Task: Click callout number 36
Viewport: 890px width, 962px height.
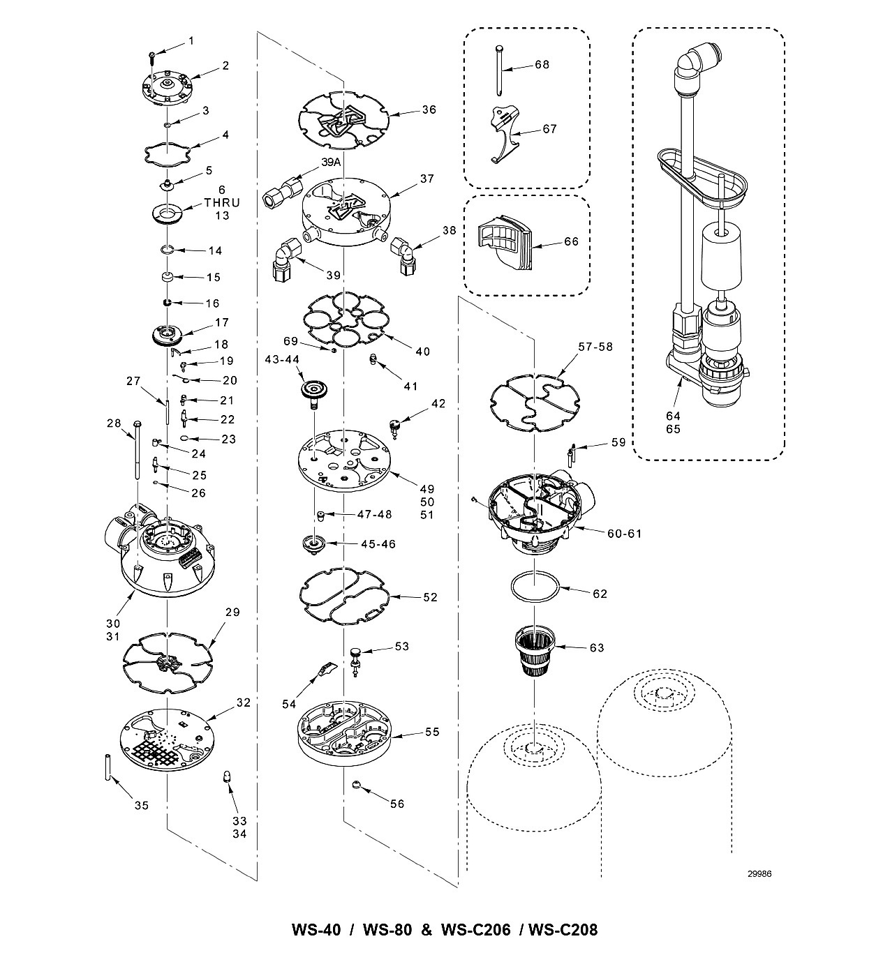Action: (429, 110)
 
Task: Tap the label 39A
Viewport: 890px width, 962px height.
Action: (331, 163)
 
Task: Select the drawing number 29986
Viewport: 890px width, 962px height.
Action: (759, 874)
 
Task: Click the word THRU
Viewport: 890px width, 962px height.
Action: (222, 202)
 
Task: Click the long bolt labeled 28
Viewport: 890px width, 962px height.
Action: (138, 449)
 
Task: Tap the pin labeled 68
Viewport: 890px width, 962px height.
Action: (499, 70)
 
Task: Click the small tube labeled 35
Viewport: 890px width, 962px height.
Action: (107, 767)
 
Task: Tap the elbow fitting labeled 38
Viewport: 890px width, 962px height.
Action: (402, 255)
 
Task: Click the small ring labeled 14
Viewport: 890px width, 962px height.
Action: (167, 250)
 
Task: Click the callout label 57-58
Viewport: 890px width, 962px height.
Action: (595, 347)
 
